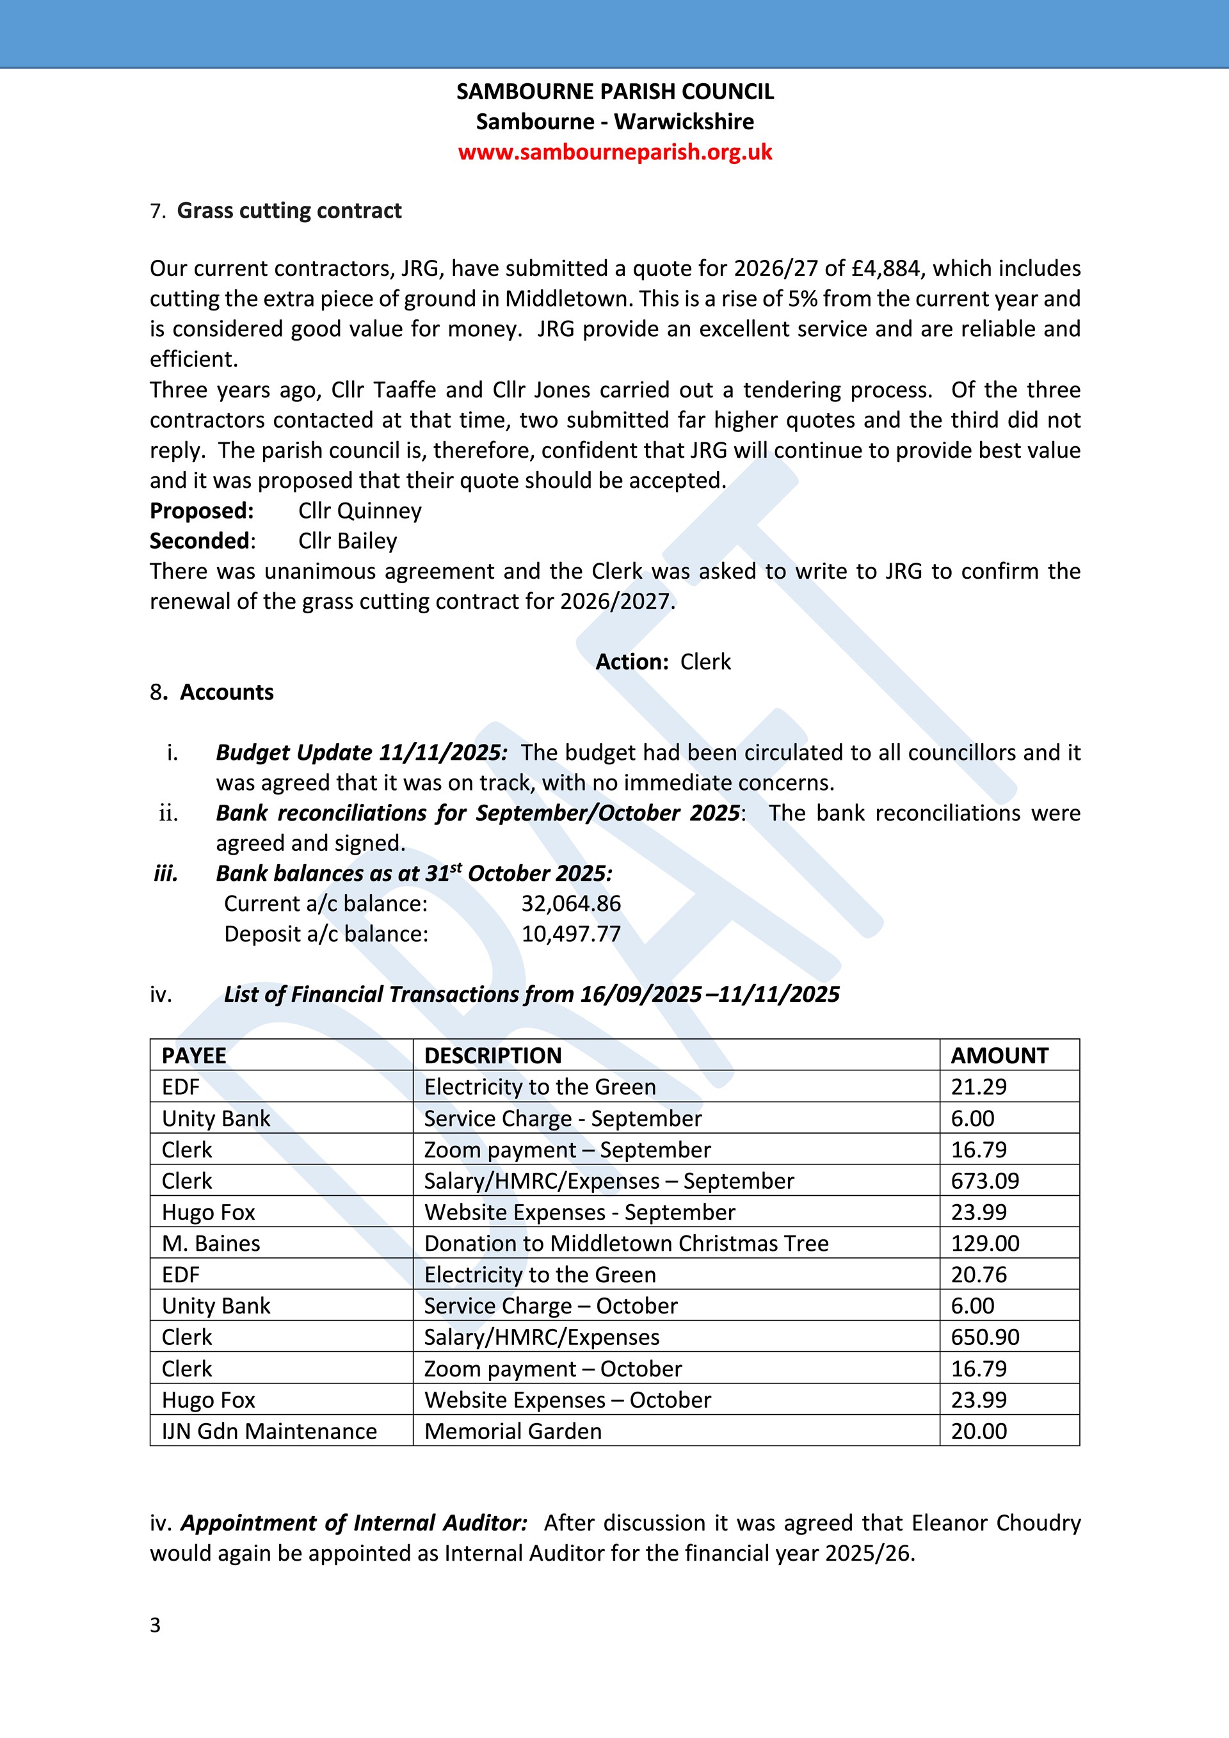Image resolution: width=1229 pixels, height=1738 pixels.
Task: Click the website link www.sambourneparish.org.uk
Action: [x=614, y=152]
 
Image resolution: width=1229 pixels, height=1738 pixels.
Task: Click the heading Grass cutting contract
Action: [x=289, y=211]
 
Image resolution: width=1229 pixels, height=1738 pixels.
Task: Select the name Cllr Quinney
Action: [x=360, y=511]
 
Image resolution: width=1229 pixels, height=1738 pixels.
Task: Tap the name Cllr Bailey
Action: [x=348, y=541]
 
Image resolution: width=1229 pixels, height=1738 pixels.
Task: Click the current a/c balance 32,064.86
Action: [x=570, y=904]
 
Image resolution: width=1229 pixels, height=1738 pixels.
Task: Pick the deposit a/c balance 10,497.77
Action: [x=570, y=934]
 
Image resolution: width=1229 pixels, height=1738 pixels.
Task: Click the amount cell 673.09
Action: [x=984, y=1181]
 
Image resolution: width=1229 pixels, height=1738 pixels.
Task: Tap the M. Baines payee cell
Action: [x=211, y=1244]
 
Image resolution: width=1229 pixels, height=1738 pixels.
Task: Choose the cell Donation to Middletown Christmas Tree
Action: [x=626, y=1244]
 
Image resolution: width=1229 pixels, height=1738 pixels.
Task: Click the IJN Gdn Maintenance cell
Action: [x=269, y=1431]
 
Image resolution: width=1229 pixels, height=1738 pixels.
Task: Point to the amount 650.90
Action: [x=984, y=1337]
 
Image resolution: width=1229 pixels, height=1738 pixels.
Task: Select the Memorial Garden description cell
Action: [x=513, y=1431]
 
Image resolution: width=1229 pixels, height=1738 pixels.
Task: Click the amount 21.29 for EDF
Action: [x=979, y=1087]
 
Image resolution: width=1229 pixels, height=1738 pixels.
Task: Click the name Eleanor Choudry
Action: [x=996, y=1522]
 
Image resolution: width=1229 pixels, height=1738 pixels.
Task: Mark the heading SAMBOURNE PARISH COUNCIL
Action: [x=614, y=92]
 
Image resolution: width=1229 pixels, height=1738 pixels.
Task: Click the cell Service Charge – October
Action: [x=551, y=1306]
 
